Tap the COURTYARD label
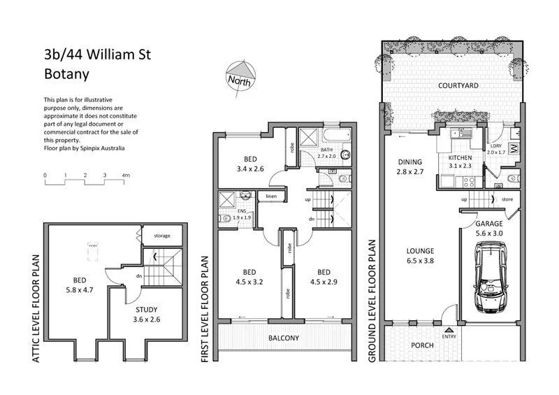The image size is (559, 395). [458, 86]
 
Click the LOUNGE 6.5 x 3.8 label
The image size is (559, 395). [421, 256]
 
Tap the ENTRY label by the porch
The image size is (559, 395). [449, 335]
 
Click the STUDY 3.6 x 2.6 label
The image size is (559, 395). [146, 314]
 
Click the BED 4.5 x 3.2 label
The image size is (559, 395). [249, 278]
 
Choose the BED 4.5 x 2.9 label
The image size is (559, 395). [324, 278]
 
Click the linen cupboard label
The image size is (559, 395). [272, 197]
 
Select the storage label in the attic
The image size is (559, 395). [161, 236]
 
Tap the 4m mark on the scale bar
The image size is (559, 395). [126, 174]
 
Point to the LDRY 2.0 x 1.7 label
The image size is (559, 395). [496, 148]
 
